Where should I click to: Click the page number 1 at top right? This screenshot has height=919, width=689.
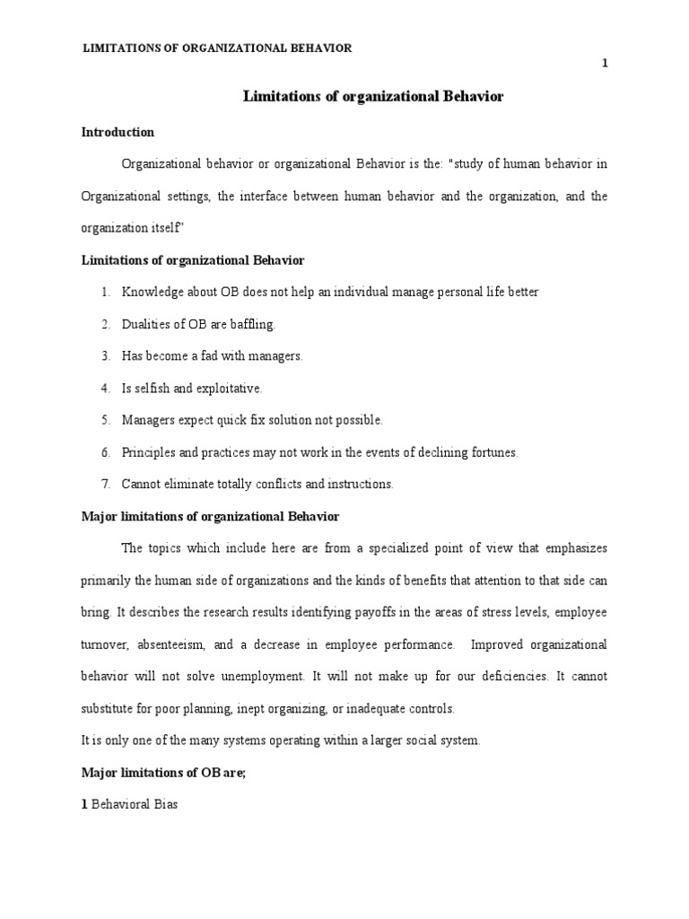tap(606, 62)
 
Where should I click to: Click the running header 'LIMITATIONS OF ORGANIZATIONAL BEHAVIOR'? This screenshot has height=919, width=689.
tap(217, 48)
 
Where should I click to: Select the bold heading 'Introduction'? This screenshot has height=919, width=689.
tap(118, 132)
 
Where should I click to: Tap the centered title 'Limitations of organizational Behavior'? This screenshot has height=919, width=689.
tap(373, 97)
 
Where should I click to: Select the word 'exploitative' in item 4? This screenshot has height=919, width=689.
tap(229, 388)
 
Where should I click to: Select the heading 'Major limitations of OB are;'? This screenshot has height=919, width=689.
tap(163, 773)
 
